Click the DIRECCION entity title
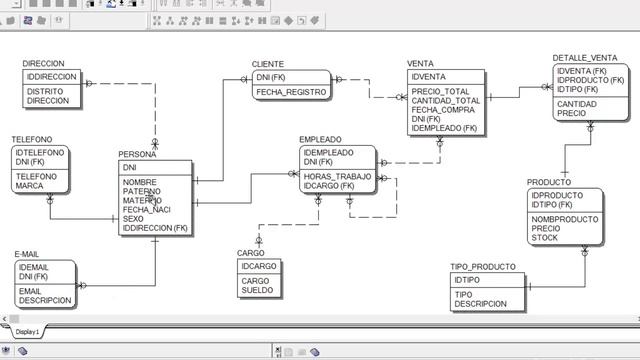(x=43, y=64)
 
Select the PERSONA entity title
(x=137, y=154)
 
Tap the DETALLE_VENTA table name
(x=585, y=58)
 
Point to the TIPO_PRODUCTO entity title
(x=483, y=267)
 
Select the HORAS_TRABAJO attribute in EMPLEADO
(x=337, y=176)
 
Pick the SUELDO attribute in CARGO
(x=257, y=290)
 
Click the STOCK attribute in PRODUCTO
(x=545, y=238)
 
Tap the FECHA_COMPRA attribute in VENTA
(x=441, y=110)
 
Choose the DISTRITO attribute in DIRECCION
(x=45, y=91)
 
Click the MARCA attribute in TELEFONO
(x=29, y=186)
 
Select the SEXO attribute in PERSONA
(x=133, y=219)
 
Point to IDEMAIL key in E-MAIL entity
(x=33, y=267)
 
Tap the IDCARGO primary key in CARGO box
(x=259, y=266)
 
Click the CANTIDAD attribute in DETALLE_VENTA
(x=577, y=104)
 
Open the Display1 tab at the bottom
(x=27, y=331)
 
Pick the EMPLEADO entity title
(x=320, y=140)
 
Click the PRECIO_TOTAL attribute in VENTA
(x=440, y=92)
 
